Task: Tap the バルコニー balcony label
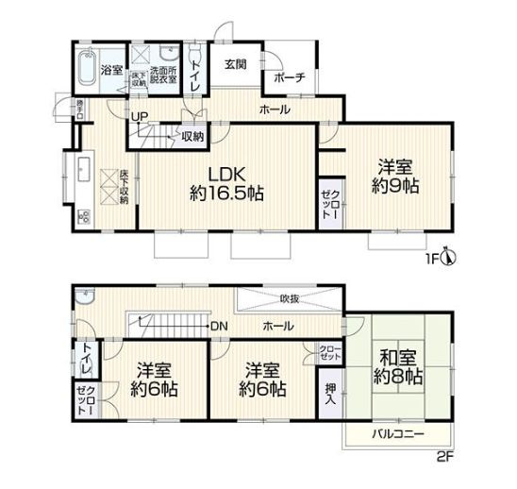396,435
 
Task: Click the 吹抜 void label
290,298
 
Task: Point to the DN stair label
219,326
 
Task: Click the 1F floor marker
431,257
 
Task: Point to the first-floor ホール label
275,110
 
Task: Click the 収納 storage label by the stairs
192,136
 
